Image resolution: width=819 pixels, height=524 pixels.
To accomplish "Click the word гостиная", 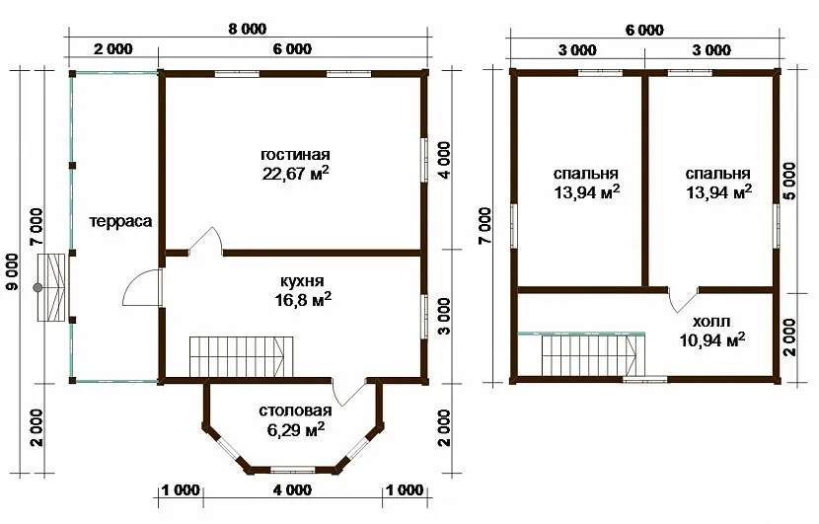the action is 296,155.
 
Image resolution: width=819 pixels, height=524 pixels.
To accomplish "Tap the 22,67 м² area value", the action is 296,174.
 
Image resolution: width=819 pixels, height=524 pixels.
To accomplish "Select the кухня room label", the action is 303,281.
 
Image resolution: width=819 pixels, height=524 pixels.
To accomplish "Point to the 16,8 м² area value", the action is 303,299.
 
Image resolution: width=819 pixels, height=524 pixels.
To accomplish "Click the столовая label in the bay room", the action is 296,412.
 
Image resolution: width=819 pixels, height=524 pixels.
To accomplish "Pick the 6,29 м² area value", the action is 296,430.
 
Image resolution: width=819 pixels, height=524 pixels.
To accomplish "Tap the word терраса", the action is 120,221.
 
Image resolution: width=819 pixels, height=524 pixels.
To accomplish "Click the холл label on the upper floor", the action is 711,321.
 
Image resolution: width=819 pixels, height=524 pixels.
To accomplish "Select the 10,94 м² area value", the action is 711,340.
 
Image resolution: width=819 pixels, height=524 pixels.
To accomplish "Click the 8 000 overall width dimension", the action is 247,29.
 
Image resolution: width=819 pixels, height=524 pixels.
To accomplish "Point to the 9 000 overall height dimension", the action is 13,271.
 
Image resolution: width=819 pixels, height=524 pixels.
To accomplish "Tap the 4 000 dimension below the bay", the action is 292,490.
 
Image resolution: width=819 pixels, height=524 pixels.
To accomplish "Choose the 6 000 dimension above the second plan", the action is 644,31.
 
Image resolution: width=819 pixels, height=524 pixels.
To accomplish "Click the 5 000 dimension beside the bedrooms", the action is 789,181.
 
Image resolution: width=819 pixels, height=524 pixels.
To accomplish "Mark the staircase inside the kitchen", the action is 241,356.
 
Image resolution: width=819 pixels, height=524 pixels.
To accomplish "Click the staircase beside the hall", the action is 590,355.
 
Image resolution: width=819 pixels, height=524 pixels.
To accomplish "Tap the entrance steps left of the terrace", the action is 51,287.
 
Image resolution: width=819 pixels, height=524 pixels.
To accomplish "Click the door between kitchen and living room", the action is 206,241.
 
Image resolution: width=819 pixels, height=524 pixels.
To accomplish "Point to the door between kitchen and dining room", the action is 348,392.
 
